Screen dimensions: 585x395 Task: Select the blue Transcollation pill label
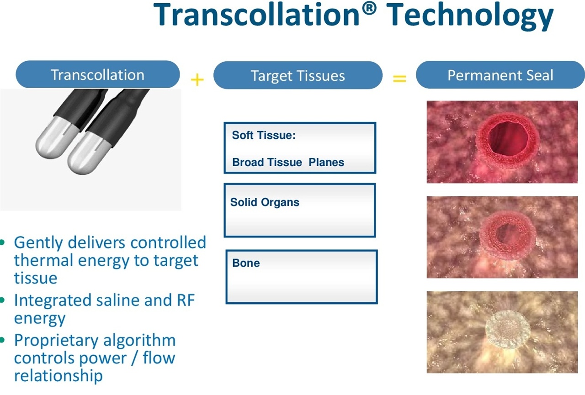coord(98,74)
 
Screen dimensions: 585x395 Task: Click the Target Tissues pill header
coord(298,75)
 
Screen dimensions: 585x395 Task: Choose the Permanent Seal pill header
coord(500,75)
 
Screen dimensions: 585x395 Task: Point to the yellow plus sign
coord(197,79)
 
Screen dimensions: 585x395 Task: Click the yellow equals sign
coord(399,79)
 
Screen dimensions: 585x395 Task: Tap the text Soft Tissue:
coord(264,135)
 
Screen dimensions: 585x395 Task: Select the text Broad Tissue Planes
coord(288,162)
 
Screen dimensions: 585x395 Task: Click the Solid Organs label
coord(265,202)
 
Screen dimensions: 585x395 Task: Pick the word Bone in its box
coord(246,263)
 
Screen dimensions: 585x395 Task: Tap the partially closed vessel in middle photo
coord(508,235)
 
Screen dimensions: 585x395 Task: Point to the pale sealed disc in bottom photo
coord(508,329)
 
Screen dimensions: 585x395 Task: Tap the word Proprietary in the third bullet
coord(55,341)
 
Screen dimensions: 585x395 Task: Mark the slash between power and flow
coord(135,358)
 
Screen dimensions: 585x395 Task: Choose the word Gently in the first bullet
coord(38,243)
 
